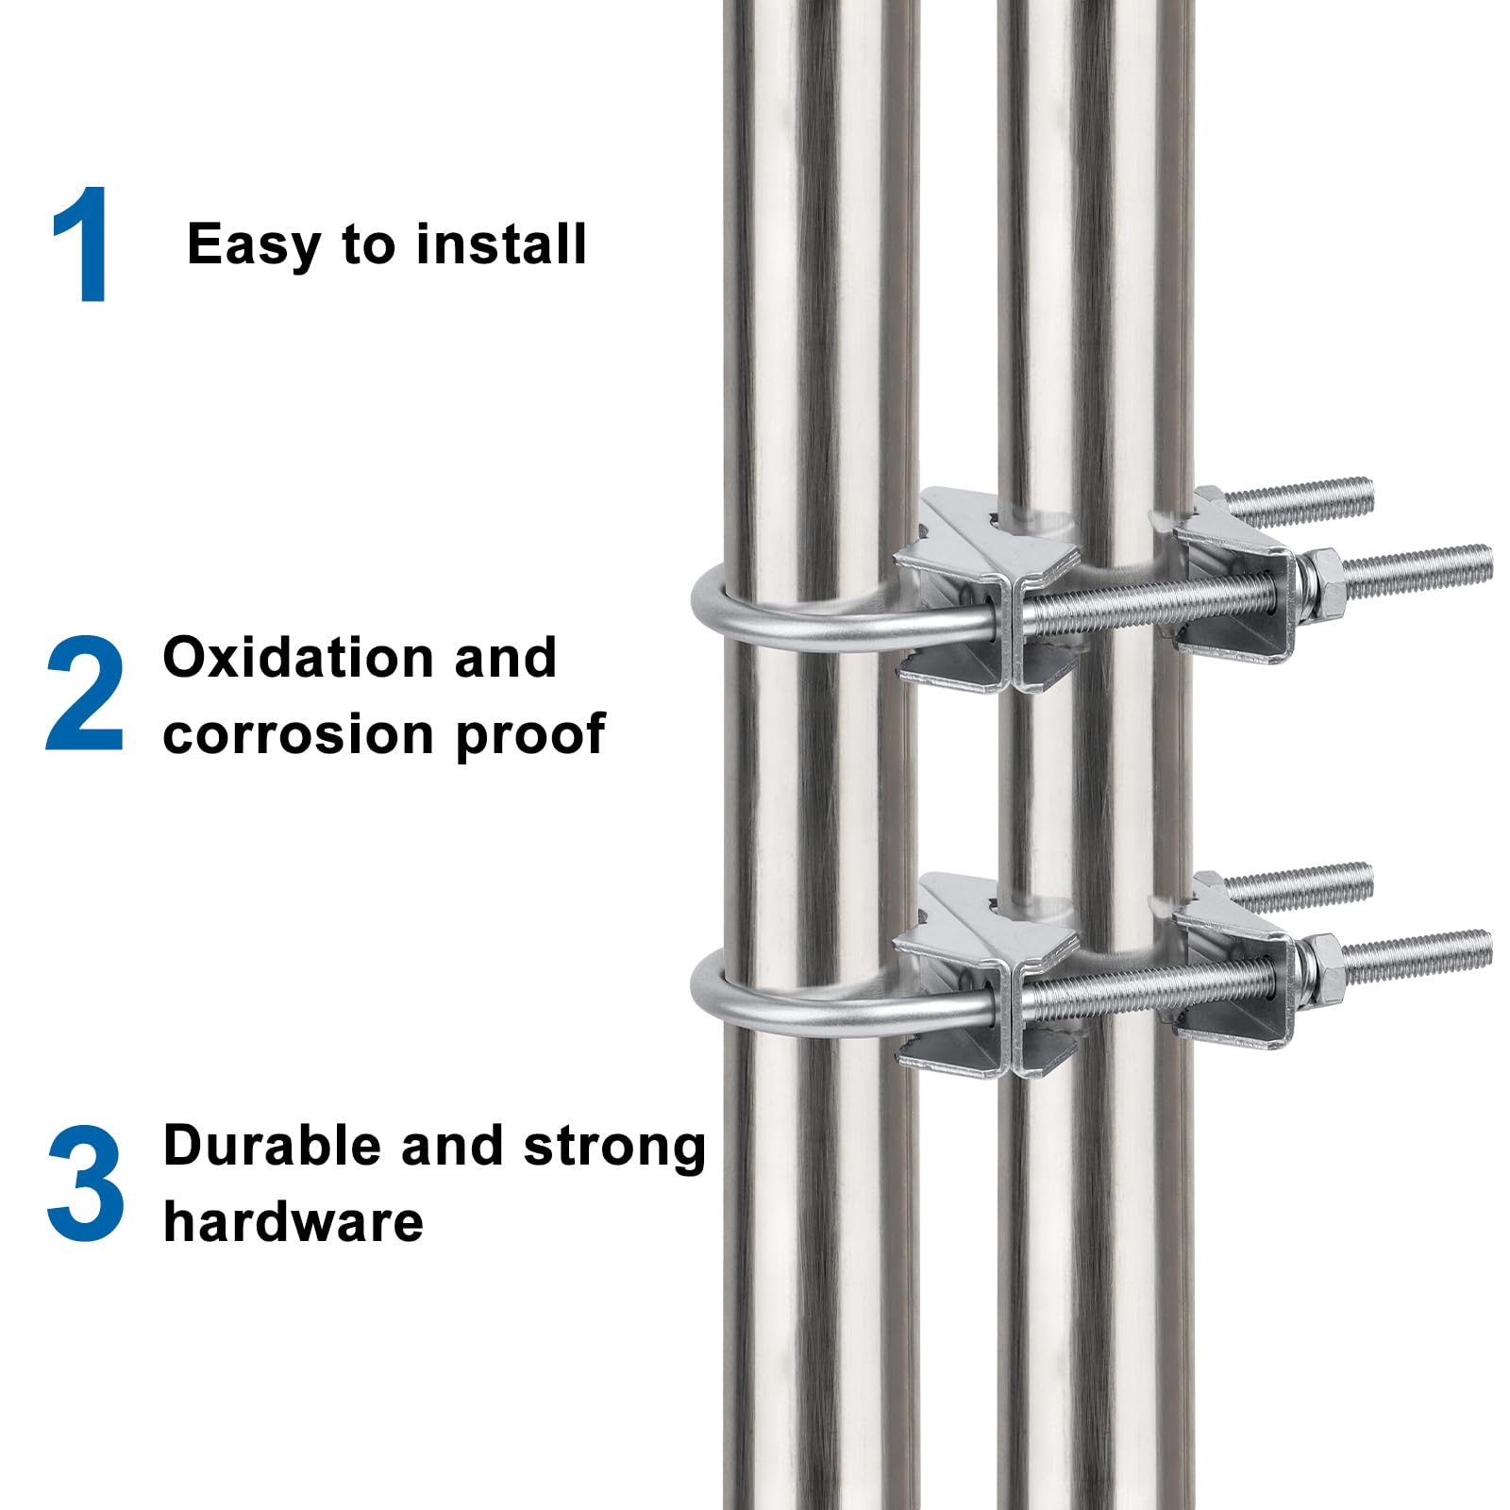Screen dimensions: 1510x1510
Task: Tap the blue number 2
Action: (x=84, y=694)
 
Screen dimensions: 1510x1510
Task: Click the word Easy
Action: (x=254, y=245)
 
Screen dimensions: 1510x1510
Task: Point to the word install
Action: (x=501, y=243)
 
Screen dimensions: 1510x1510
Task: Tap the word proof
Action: (x=530, y=736)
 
